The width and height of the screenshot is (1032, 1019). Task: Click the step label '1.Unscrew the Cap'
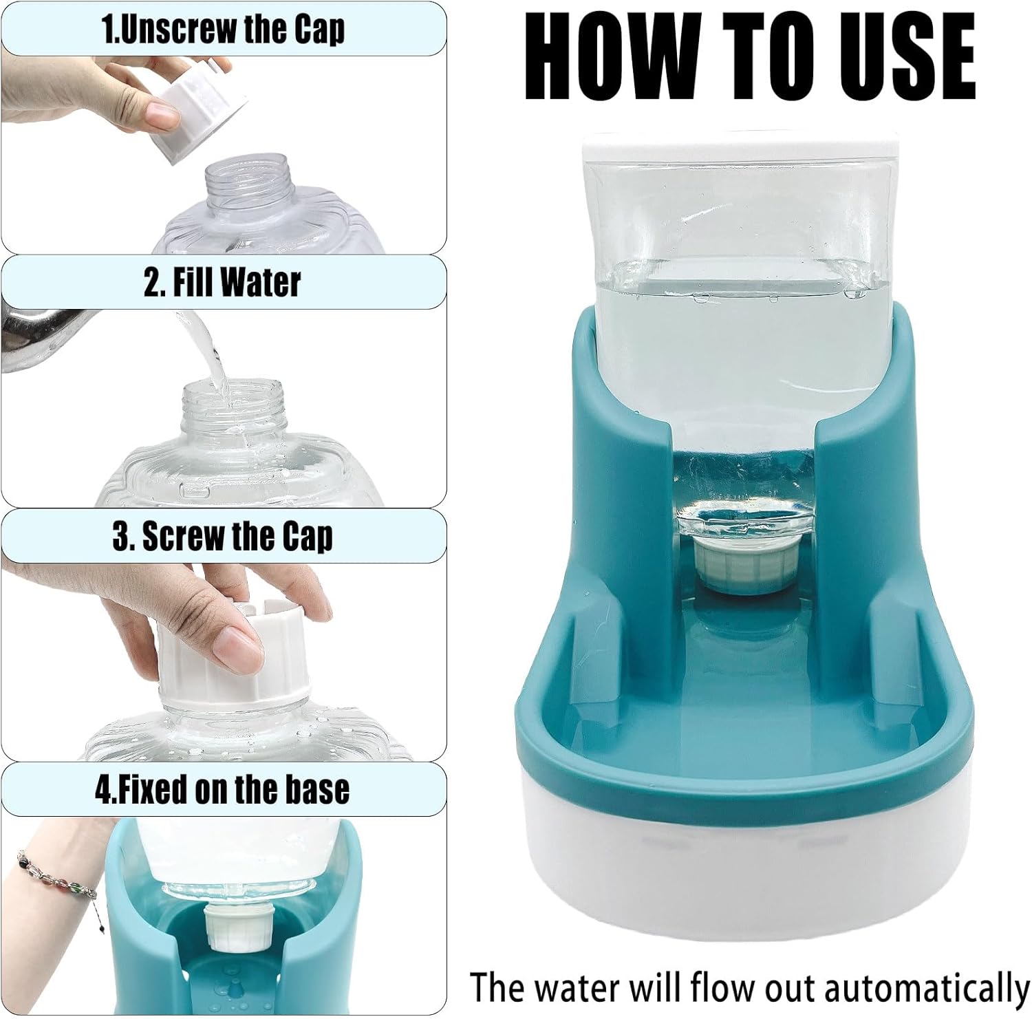pos(224,29)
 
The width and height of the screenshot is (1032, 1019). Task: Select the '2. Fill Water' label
pos(222,283)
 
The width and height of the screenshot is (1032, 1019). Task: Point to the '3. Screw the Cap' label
pos(222,537)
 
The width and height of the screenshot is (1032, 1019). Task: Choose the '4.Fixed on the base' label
pos(222,789)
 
